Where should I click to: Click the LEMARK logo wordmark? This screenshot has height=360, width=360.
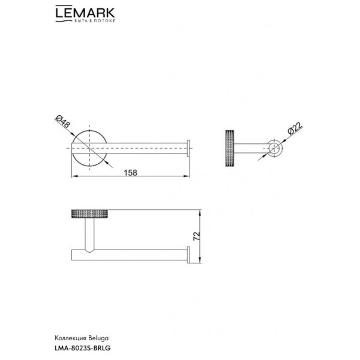(85, 13)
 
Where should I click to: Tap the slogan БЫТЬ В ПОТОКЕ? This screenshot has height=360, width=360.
(94, 21)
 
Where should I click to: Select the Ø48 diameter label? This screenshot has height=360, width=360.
(62, 122)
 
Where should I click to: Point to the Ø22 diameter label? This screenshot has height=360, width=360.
(295, 128)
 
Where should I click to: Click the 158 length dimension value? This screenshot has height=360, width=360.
(130, 172)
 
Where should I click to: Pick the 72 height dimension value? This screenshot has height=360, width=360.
(197, 236)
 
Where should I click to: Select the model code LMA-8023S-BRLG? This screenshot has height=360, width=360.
(83, 348)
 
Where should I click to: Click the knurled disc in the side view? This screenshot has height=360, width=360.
(230, 148)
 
